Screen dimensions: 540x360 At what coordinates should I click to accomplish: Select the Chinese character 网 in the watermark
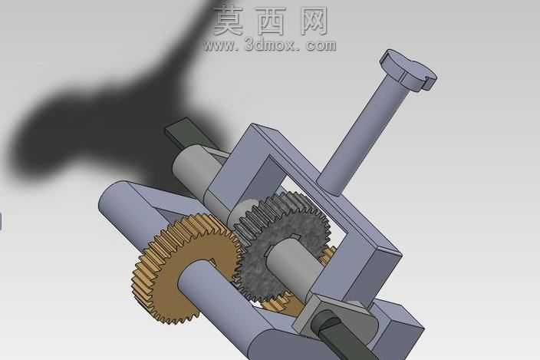click(314, 21)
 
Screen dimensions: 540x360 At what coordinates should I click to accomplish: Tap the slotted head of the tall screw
click(408, 71)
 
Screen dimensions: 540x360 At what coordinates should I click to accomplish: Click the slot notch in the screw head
click(430, 80)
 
